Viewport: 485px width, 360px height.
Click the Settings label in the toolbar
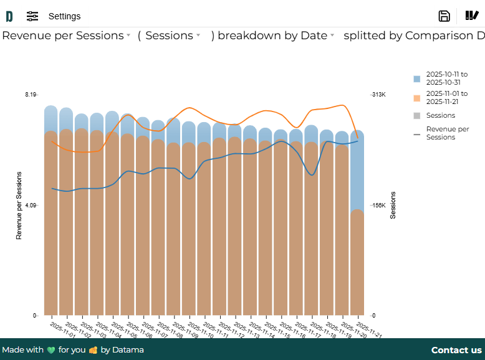(64, 16)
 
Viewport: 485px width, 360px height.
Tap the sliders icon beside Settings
(32, 16)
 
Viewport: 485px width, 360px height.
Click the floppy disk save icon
(444, 16)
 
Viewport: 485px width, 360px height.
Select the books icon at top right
(472, 16)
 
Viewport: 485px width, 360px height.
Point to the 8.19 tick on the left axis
(31, 94)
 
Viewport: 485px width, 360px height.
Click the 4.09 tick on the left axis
(31, 205)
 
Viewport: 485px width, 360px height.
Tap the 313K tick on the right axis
(379, 94)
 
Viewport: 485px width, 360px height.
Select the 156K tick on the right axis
(379, 205)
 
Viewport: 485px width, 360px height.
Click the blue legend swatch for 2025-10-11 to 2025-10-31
(417, 79)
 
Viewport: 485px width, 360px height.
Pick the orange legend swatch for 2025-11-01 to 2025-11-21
(417, 98)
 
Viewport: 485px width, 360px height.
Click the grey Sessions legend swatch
(417, 116)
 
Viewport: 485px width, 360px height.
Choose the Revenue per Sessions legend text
(448, 133)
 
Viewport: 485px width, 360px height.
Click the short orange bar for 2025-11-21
(357, 262)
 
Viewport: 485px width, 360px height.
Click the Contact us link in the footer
(456, 350)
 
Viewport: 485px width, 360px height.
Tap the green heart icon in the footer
(51, 350)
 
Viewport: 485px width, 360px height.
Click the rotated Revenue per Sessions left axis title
(19, 206)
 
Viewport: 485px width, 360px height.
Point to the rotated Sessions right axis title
(393, 206)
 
